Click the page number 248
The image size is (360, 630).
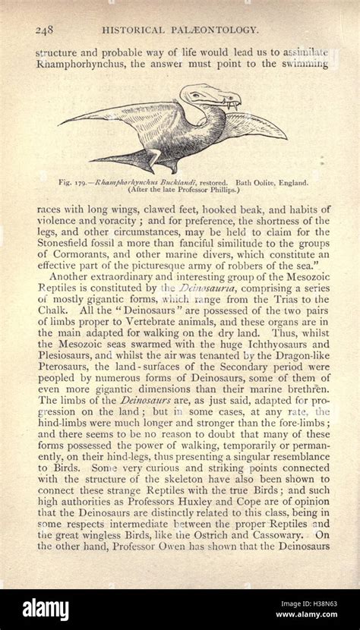[43, 30]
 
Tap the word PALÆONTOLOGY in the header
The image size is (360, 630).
[220, 30]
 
